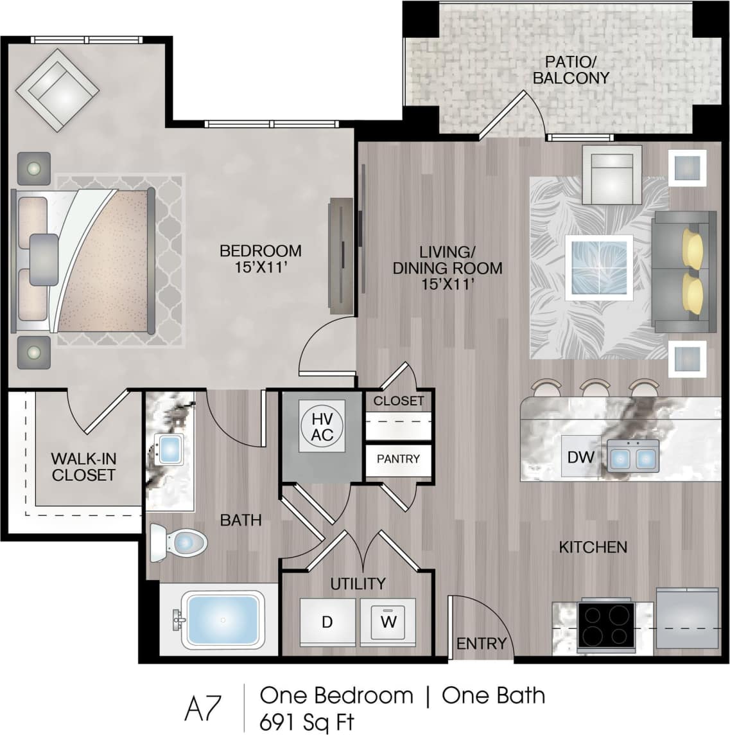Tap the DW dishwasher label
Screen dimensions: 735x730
[580, 457]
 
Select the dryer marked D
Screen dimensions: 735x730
[327, 622]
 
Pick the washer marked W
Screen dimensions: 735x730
[388, 622]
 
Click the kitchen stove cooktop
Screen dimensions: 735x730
[606, 625]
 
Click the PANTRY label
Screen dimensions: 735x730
[398, 459]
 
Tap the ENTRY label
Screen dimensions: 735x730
[481, 643]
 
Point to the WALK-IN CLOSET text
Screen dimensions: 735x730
[83, 467]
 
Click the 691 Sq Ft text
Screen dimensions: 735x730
[306, 722]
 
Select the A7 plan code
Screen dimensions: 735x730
[203, 709]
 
